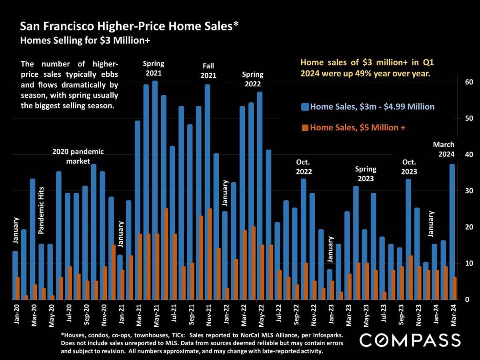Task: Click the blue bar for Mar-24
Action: tap(452, 232)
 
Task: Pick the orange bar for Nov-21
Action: tap(210, 254)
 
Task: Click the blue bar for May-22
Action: tap(260, 196)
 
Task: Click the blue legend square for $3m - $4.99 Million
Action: tap(306, 107)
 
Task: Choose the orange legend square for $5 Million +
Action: tap(306, 128)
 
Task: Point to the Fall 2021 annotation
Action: tap(208, 70)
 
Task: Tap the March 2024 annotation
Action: tap(444, 149)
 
